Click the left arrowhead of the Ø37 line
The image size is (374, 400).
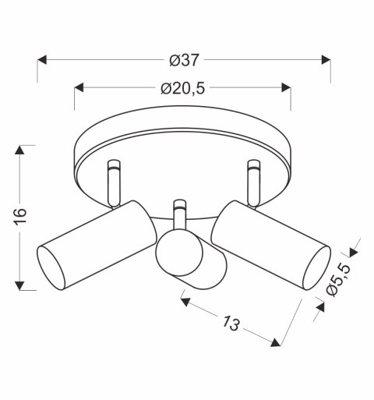click(44, 59)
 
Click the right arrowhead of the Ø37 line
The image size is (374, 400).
click(325, 59)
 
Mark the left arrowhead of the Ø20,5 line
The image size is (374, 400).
click(80, 88)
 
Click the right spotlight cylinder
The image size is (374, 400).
click(269, 242)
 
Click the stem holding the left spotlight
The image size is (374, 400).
click(114, 182)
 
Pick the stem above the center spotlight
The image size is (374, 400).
click(180, 214)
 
